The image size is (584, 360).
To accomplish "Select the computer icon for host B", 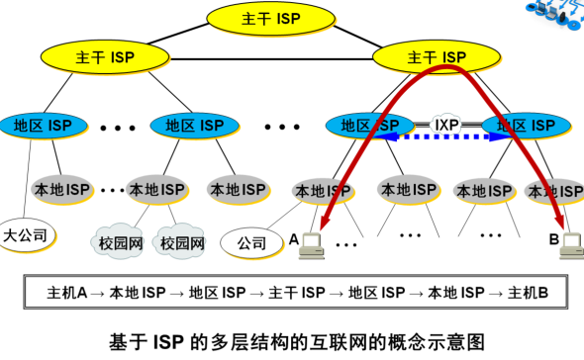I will [571, 241].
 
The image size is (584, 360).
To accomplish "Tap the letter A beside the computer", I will [293, 238].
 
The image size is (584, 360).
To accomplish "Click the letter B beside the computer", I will [553, 238].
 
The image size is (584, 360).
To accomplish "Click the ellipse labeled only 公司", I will [250, 240].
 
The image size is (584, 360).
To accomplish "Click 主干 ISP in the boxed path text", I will [298, 294].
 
